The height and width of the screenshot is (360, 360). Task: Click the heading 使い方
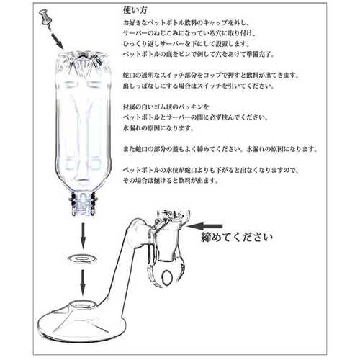pyautogui.click(x=135, y=10)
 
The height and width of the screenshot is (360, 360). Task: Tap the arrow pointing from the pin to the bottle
pyautogui.click(x=57, y=40)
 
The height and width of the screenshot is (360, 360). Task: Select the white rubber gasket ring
pyautogui.click(x=82, y=258)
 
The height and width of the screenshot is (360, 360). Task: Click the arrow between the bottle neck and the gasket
pyautogui.click(x=83, y=236)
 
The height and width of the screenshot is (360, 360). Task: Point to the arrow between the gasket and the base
pyautogui.click(x=83, y=283)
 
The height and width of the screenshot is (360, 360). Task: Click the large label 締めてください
pyautogui.click(x=237, y=237)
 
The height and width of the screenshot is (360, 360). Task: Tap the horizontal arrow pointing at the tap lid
pyautogui.click(x=204, y=226)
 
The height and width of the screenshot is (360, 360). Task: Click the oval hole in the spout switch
pyautogui.click(x=167, y=276)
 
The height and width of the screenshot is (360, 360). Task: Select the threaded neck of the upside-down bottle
pyautogui.click(x=83, y=203)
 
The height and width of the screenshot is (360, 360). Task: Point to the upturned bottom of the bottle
pyautogui.click(x=83, y=59)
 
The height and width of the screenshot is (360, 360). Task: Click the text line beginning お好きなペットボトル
pyautogui.click(x=186, y=23)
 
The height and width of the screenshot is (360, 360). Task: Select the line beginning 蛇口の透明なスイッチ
pyautogui.click(x=211, y=76)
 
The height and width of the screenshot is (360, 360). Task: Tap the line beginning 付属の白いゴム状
pyautogui.click(x=166, y=107)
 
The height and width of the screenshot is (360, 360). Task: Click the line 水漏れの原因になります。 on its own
pyautogui.click(x=158, y=127)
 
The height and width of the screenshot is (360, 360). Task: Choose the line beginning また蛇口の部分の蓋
pyautogui.click(x=220, y=149)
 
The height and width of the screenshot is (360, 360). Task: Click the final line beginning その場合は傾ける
pyautogui.click(x=171, y=180)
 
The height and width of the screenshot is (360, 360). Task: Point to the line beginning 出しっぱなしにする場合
pyautogui.click(x=199, y=86)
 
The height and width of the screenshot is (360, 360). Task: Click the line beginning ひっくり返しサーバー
pyautogui.click(x=186, y=44)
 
